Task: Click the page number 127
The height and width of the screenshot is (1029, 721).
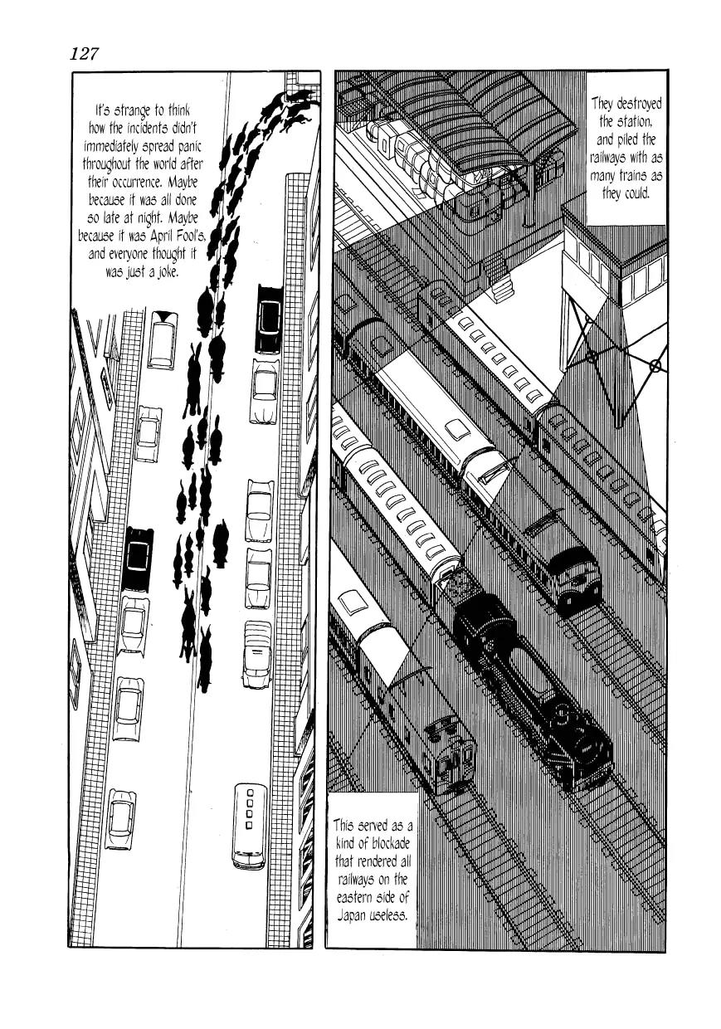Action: (85, 54)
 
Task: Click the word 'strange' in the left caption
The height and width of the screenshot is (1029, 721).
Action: (137, 110)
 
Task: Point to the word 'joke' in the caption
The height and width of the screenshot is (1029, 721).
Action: (163, 271)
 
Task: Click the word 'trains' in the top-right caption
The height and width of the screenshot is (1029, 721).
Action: (641, 175)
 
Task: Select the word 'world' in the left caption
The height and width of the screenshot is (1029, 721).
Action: (167, 164)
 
